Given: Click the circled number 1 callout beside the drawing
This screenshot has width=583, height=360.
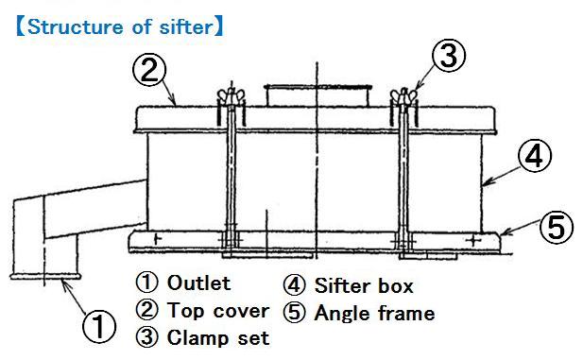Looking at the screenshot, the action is [x=98, y=327].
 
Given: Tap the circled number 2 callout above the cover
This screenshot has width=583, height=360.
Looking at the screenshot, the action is [x=149, y=70].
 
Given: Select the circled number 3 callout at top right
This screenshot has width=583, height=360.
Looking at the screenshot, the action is [x=449, y=56].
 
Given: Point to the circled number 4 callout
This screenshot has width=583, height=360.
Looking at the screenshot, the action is [x=535, y=155].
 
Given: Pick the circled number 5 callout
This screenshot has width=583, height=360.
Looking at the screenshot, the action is [x=557, y=227].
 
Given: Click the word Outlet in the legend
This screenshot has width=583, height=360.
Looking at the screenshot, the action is [x=199, y=283].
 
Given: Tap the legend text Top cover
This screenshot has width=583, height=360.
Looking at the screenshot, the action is [x=218, y=311].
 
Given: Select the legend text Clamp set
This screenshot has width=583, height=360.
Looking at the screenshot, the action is [x=218, y=337].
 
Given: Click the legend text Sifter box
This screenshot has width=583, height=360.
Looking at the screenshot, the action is [x=364, y=285].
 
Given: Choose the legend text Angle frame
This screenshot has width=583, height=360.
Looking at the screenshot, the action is [x=375, y=313].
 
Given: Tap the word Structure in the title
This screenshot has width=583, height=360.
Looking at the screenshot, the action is [x=76, y=26].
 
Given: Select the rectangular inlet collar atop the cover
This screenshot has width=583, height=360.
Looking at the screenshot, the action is [x=317, y=95].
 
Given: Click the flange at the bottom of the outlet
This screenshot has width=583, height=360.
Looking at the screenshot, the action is [x=45, y=276].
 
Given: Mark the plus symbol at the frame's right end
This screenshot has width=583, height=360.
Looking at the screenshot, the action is [x=473, y=240].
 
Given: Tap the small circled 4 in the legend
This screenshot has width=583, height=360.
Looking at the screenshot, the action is [x=294, y=285].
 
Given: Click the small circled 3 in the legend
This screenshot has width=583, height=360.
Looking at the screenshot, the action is [x=147, y=337].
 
